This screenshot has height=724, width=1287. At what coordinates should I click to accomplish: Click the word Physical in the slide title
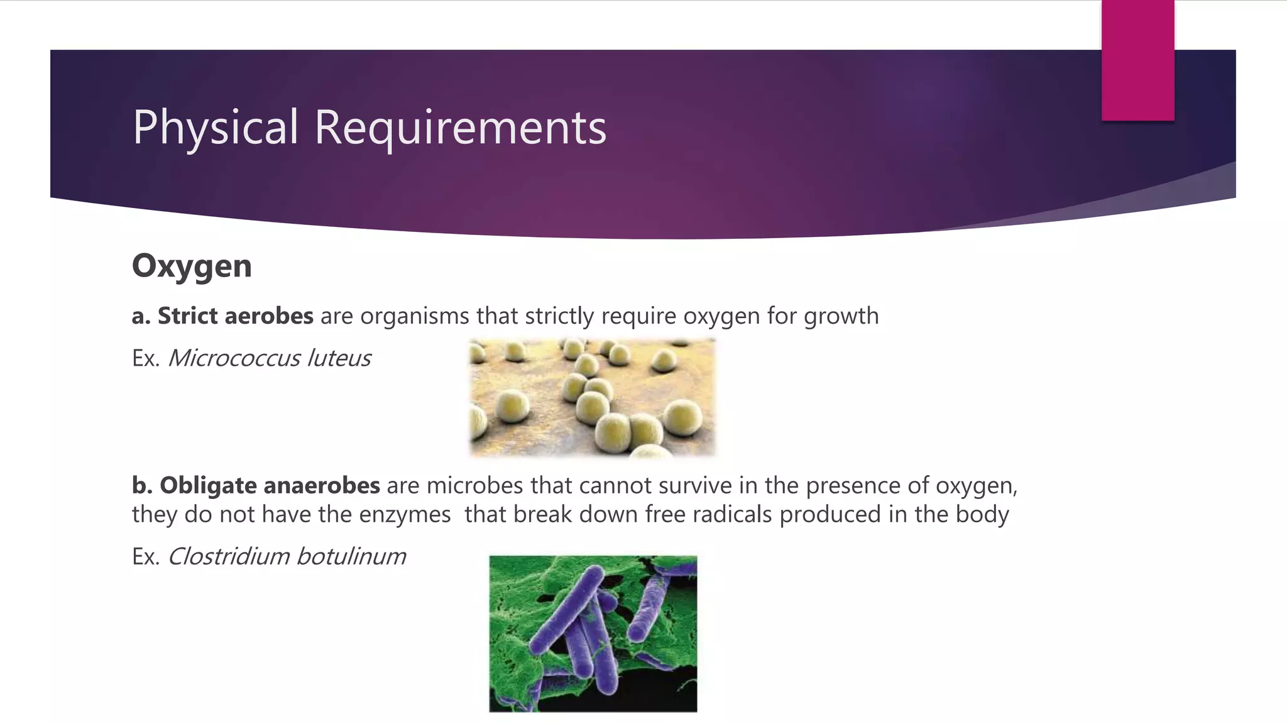point(215,128)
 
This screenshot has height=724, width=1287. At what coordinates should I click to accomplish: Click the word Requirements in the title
point(460,128)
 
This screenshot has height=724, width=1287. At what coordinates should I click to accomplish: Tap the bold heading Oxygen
point(192,266)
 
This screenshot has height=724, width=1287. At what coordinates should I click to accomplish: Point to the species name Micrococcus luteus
point(269,358)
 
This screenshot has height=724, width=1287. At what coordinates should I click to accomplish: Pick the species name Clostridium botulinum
point(287,556)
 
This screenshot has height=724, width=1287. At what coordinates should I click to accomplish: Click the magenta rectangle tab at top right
point(1137,60)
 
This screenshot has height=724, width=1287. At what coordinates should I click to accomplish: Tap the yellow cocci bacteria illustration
point(593,397)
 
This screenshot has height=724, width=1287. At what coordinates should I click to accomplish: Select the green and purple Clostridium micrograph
point(593,633)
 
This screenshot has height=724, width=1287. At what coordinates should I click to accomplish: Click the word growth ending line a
point(841,316)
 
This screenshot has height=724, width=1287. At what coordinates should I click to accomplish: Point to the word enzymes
point(405,515)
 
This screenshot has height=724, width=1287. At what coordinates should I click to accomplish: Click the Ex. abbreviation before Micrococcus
point(146,358)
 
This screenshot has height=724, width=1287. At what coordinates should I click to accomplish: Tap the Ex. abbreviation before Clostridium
point(146,556)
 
